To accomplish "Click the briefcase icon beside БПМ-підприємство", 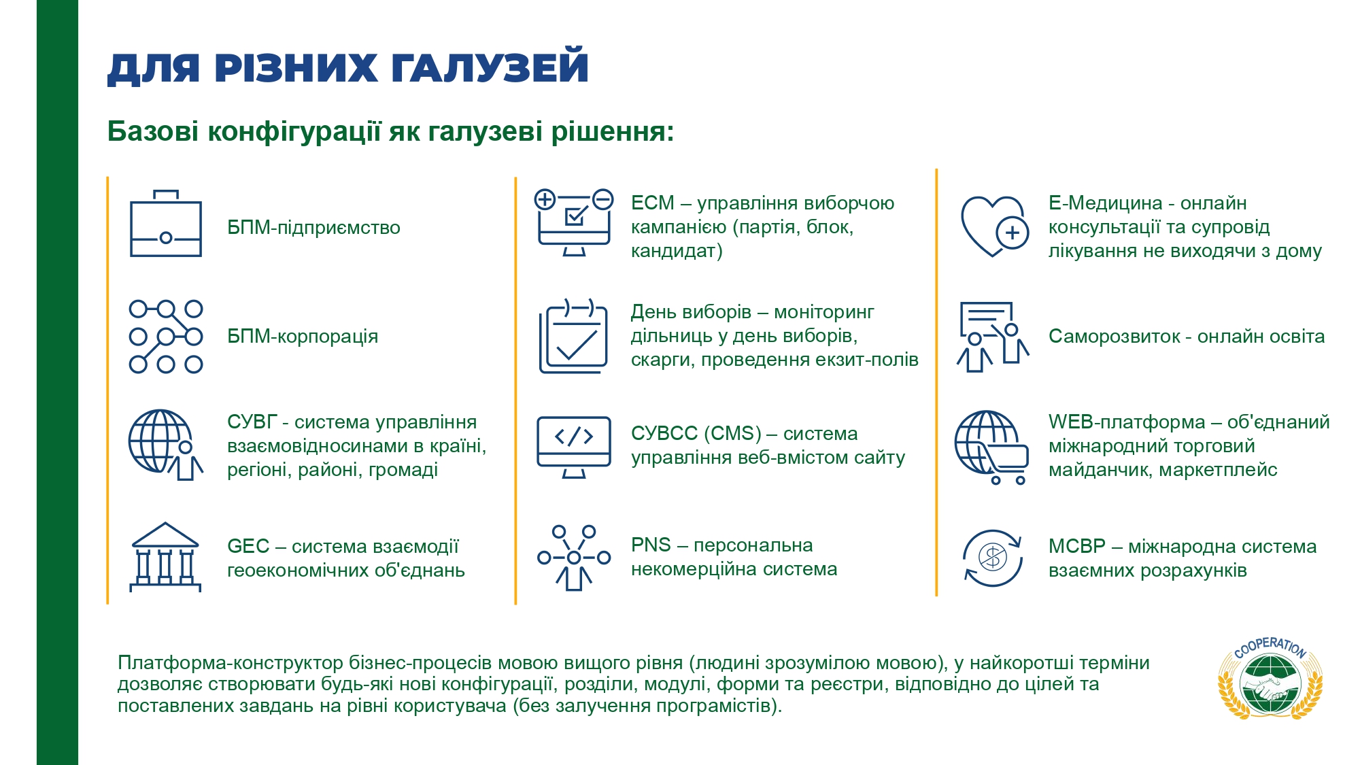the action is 166,224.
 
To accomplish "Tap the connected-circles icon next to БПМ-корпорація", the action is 166,336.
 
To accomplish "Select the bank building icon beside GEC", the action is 165,557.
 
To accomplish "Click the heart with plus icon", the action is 994,226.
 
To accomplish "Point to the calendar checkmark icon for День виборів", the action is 573,336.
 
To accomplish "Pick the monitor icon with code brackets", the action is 574,447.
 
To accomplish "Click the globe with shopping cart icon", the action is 991,447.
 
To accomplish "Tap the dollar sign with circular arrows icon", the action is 993,558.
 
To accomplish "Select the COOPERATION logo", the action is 1270,677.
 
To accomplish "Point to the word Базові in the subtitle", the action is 153,131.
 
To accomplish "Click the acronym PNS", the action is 651,545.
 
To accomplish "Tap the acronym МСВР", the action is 1077,546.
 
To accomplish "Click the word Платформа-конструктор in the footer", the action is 231,662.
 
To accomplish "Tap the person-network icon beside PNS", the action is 574,558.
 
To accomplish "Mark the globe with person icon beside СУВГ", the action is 165,445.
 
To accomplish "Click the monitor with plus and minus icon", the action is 574,222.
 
